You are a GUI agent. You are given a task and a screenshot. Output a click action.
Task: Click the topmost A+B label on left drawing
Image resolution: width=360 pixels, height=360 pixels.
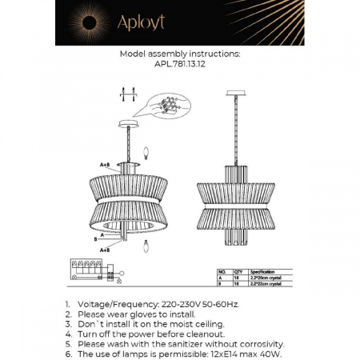pyautogui.click(x=105, y=164)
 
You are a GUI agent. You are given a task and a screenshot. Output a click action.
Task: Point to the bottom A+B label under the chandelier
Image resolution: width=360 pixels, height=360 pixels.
pyautogui.click(x=104, y=250)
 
